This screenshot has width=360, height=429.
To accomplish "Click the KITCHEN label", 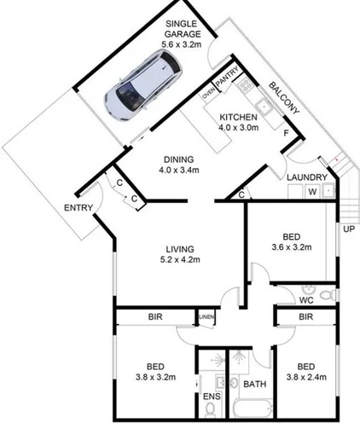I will pyautogui.click(x=238, y=117).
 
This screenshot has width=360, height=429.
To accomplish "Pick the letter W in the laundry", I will pyautogui.click(x=312, y=192).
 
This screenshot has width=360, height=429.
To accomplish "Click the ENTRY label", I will pyautogui.click(x=78, y=207).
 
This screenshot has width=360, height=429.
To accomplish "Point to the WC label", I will pyautogui.click(x=309, y=299).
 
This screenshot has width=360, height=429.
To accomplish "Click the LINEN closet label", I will pyautogui.click(x=206, y=318).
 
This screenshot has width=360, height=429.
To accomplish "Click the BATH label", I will pyautogui.click(x=254, y=385).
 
